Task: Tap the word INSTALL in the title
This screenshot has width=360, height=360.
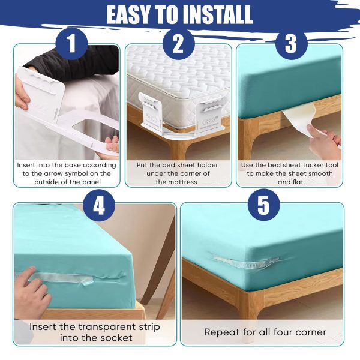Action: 214,14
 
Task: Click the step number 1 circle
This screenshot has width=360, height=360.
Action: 71,46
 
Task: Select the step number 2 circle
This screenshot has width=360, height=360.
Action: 178,46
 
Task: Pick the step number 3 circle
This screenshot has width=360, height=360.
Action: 291,46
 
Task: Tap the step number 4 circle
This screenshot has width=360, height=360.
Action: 98,206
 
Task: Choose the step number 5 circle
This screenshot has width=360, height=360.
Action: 263,206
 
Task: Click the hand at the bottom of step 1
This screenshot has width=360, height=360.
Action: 110,144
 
